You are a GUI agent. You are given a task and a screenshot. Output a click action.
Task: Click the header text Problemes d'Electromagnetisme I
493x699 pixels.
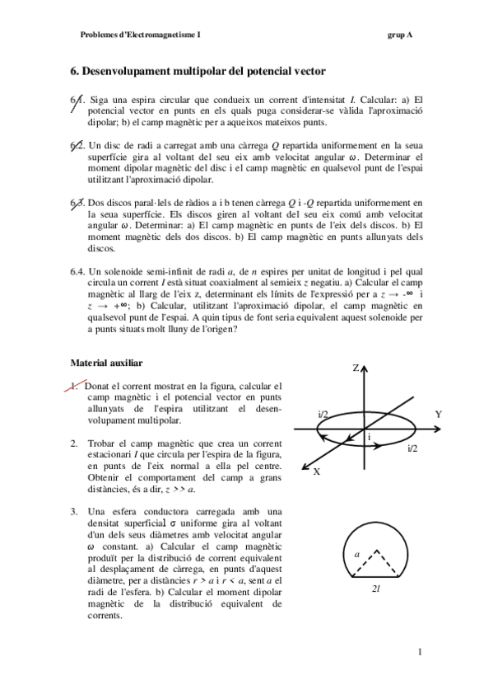point(140,35)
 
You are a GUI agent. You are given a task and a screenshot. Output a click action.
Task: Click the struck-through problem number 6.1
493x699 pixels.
point(77,101)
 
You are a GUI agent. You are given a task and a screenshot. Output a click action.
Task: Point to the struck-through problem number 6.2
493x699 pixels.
point(77,146)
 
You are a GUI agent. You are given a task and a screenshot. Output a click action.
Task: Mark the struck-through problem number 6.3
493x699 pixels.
point(77,202)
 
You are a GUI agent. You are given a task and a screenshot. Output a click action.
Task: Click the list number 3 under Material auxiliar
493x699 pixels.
point(74,513)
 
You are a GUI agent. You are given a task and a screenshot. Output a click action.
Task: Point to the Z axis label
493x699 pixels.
point(356,368)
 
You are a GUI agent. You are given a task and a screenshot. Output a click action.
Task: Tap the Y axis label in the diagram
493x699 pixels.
point(439,414)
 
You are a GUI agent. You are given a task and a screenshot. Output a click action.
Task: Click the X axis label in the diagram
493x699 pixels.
point(316,471)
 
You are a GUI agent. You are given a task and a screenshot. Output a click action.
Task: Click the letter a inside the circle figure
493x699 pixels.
point(356,555)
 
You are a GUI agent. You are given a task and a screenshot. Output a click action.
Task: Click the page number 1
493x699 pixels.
point(419,654)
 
